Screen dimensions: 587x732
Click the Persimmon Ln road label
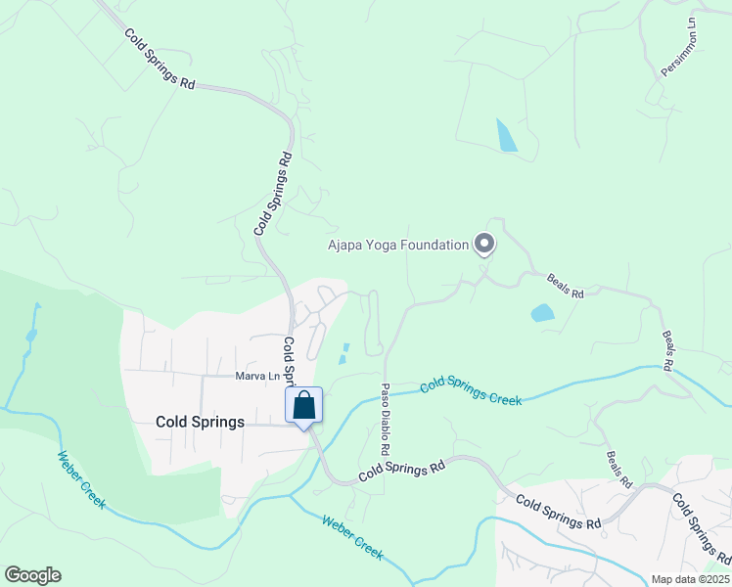click(679, 48)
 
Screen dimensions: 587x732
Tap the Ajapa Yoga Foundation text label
click(398, 245)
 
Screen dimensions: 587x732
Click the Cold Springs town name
click(200, 422)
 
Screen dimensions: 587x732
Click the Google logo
click(32, 575)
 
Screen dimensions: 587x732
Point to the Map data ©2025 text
click(689, 579)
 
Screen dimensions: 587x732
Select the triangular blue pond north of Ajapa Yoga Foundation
click(506, 136)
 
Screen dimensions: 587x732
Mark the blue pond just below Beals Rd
click(542, 313)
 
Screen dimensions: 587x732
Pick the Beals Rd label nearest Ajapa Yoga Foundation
click(565, 286)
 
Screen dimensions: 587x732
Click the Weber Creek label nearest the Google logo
click(80, 479)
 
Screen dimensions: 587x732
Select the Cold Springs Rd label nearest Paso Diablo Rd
click(401, 470)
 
